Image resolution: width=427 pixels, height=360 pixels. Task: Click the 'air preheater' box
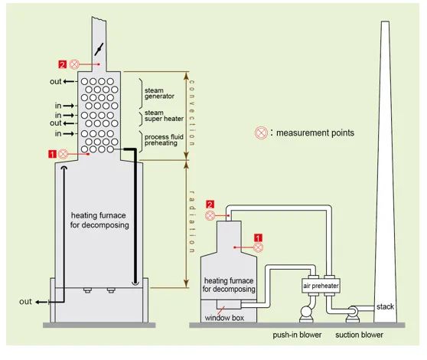pyautogui.click(x=321, y=286)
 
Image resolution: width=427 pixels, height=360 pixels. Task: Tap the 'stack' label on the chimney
pyautogui.click(x=385, y=306)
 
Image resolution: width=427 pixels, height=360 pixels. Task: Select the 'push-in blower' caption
pyautogui.click(x=297, y=335)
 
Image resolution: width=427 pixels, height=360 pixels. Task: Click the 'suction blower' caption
pyautogui.click(x=359, y=335)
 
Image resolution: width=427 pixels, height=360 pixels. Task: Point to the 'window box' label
pyautogui.click(x=224, y=318)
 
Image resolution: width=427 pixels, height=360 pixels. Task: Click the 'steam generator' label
pyautogui.click(x=159, y=93)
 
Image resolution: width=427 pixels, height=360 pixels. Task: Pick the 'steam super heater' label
pyautogui.click(x=164, y=116)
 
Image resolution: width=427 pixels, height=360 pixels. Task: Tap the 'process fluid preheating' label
pyautogui.click(x=164, y=140)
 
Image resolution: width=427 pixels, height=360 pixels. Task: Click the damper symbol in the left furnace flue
pyautogui.click(x=99, y=49)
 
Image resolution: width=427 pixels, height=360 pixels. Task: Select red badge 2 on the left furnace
pyautogui.click(x=63, y=64)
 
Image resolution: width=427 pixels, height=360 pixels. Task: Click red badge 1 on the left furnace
pyautogui.click(x=52, y=154)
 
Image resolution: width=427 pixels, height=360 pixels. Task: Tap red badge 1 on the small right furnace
pyautogui.click(x=258, y=238)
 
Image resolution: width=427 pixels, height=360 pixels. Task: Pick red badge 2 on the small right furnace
pyautogui.click(x=210, y=205)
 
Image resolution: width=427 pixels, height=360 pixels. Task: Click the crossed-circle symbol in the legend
pyautogui.click(x=261, y=133)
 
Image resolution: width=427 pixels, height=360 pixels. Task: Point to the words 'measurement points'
pyautogui.click(x=315, y=133)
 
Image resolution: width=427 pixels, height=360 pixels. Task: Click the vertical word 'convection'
pyautogui.click(x=192, y=113)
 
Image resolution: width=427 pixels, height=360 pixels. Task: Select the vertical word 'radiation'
pyautogui.click(x=192, y=221)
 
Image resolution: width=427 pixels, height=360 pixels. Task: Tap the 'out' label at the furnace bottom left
pyautogui.click(x=25, y=302)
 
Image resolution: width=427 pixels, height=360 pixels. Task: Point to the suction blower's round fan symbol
pyautogui.click(x=352, y=312)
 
